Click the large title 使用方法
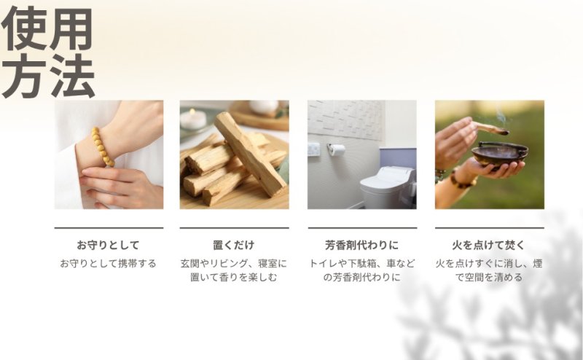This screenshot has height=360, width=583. [x=47, y=52]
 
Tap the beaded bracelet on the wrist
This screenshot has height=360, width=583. [x=102, y=147]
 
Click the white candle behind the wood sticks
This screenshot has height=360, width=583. [x=193, y=119]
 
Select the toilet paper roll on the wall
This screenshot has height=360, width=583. [x=337, y=149]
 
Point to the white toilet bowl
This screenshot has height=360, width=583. [x=388, y=187]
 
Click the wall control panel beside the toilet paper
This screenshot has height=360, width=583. [x=314, y=149]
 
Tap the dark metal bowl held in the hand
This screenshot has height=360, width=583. [x=499, y=154]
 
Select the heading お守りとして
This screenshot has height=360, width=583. [x=108, y=245]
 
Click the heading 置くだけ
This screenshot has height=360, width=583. [x=234, y=245]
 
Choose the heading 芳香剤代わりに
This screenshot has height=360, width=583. [x=361, y=245]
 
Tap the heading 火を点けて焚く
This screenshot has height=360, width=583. [x=489, y=245]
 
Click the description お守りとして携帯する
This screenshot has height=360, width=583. [x=108, y=263]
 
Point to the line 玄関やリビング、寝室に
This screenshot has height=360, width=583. [x=234, y=263]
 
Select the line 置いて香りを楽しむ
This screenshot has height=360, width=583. [x=234, y=277]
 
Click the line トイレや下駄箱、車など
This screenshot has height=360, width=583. [x=361, y=263]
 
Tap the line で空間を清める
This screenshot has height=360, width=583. [x=489, y=277]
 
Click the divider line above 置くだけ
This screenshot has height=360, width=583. [x=234, y=228]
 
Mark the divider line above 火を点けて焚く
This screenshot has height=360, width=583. [x=490, y=228]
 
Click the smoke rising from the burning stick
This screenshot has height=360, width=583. [x=501, y=116]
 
